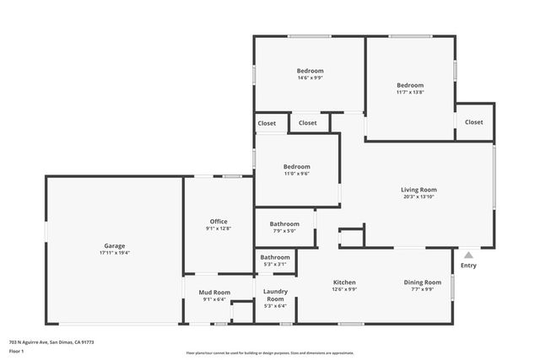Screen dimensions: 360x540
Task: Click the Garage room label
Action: pyautogui.click(x=115, y=245)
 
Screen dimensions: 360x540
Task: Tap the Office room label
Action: pyautogui.click(x=219, y=222)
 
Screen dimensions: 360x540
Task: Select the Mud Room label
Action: pyautogui.click(x=214, y=292)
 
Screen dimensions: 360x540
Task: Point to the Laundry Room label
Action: pyautogui.click(x=275, y=295)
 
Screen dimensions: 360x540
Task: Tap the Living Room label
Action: pyautogui.click(x=418, y=190)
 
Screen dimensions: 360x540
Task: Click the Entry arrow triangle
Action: pyautogui.click(x=468, y=254)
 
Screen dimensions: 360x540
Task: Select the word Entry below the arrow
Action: pyautogui.click(x=468, y=266)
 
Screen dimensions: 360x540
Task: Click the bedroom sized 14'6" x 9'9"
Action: pyautogui.click(x=310, y=71)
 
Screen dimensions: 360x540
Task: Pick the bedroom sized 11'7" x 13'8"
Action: pyautogui.click(x=410, y=85)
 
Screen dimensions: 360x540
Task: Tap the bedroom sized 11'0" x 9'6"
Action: pyautogui.click(x=296, y=166)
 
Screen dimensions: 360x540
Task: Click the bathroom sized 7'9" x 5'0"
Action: pyautogui.click(x=284, y=224)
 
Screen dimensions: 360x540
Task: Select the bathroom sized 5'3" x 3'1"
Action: pyautogui.click(x=275, y=257)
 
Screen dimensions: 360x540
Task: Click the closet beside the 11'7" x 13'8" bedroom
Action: pyautogui.click(x=474, y=122)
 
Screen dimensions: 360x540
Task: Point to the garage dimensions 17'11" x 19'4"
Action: pyautogui.click(x=115, y=252)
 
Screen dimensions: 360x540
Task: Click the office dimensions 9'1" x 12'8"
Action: pyautogui.click(x=219, y=228)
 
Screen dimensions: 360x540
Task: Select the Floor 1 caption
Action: pyautogui.click(x=16, y=351)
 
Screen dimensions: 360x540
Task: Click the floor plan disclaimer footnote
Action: pyautogui.click(x=269, y=353)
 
